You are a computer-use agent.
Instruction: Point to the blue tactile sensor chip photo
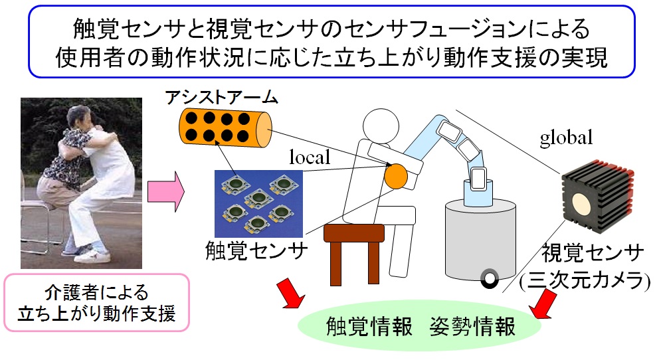tap(258, 203)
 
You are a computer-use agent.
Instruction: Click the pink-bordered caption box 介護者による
tap(96, 302)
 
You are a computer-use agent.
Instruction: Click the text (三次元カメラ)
tap(585, 280)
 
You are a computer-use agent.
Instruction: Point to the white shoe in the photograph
tap(100, 254)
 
